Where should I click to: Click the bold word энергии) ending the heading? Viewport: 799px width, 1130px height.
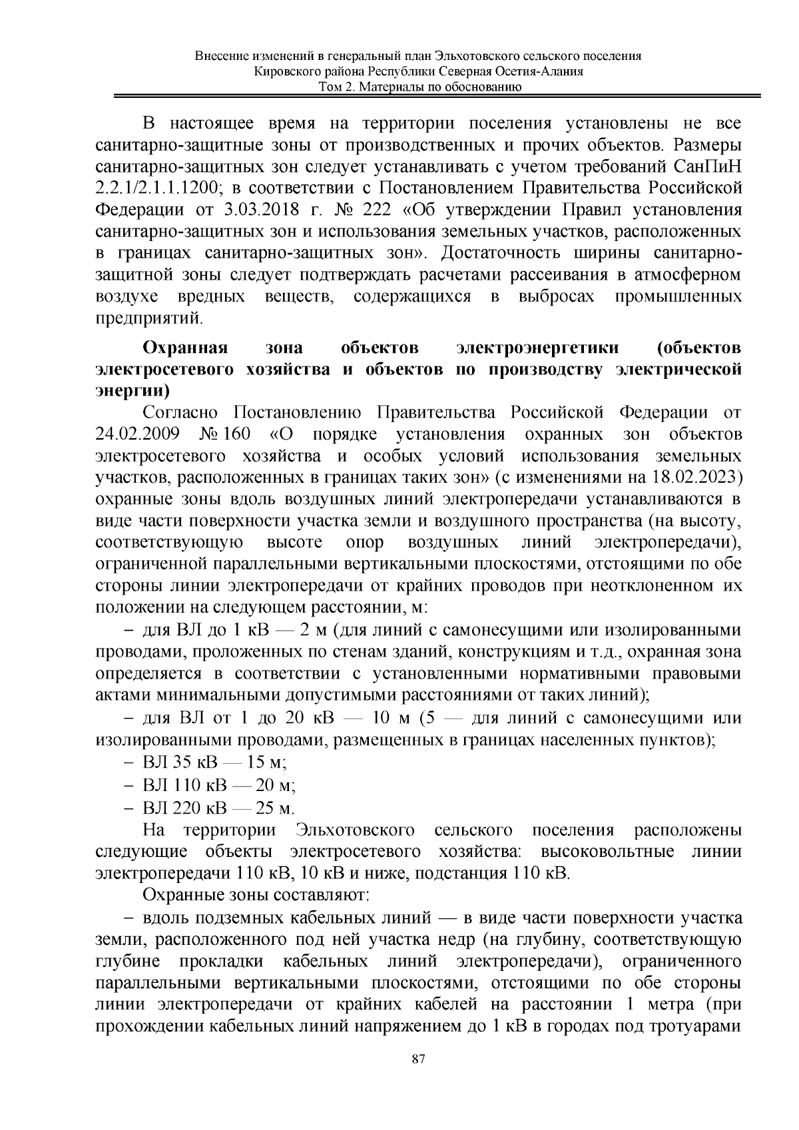click(133, 391)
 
